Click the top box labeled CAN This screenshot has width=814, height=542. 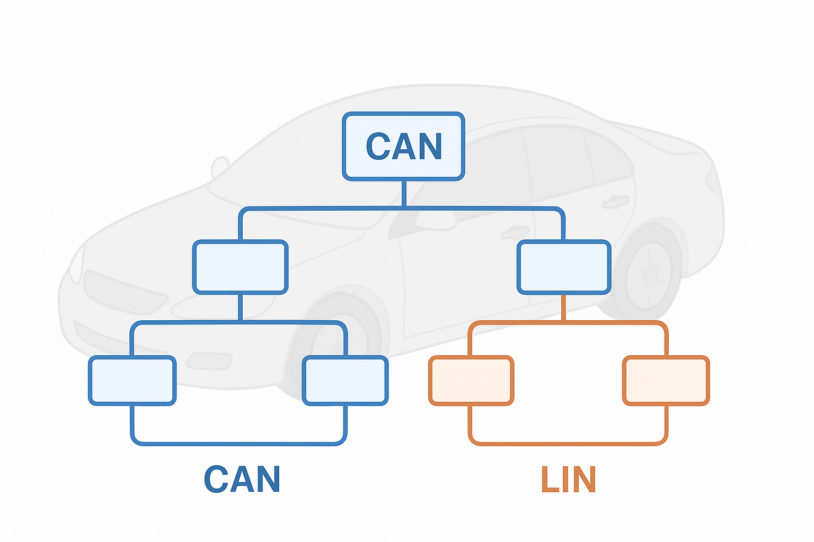pos(404,147)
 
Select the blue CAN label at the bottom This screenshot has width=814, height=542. pos(242,480)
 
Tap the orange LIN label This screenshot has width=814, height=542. pos(569,480)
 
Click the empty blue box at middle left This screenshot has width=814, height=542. pos(241,267)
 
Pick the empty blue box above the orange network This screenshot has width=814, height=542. pos(564,267)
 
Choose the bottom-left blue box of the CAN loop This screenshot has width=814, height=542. pos(132,381)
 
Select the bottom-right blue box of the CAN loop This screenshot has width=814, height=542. pos(345,381)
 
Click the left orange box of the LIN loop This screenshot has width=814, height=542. pos(471,381)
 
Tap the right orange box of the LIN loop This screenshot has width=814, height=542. pos(666,381)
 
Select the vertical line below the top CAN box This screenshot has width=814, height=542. pos(404,193)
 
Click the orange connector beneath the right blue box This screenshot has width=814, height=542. pos(563,308)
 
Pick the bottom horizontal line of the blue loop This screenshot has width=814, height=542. pos(239,442)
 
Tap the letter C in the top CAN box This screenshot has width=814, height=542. pos(378,147)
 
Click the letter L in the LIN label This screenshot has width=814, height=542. pos(548,480)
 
